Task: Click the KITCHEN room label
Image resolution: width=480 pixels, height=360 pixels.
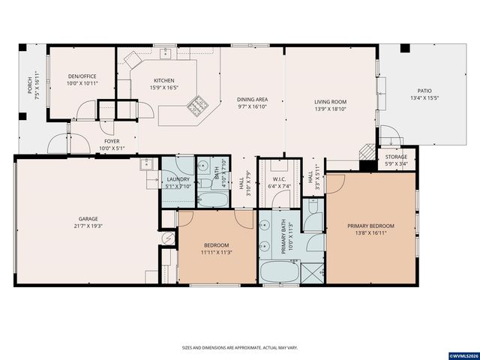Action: click(x=164, y=80)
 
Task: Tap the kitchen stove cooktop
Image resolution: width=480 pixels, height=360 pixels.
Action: click(x=198, y=106)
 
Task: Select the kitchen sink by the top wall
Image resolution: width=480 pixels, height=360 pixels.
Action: click(x=166, y=53)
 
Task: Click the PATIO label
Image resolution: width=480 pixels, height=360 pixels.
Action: click(x=423, y=90)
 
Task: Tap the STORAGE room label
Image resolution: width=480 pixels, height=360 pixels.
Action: click(x=397, y=157)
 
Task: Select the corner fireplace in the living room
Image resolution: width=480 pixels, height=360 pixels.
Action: click(x=367, y=149)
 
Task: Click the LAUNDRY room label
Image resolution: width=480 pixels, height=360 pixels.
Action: click(x=178, y=179)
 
